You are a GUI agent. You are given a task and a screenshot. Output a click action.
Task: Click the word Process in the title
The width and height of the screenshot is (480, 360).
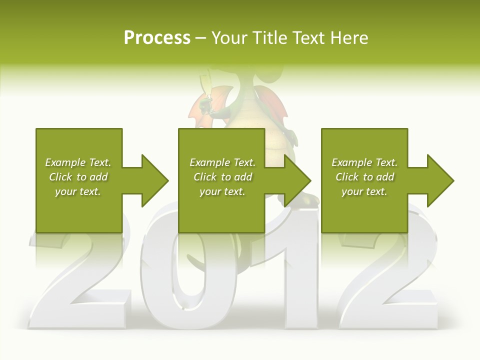click(157, 38)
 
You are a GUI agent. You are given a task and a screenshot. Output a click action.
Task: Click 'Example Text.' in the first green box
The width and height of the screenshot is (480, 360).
click(78, 162)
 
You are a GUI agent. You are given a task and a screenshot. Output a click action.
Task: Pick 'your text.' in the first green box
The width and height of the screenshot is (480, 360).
click(78, 191)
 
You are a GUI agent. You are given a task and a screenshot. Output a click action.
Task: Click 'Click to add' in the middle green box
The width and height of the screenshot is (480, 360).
click(222, 177)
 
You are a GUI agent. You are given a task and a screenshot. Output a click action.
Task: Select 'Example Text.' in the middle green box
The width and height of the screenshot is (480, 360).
click(222, 162)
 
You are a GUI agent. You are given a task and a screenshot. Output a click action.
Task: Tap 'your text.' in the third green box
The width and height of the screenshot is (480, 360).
click(364, 191)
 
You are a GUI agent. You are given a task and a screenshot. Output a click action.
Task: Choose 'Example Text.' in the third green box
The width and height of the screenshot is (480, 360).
click(364, 162)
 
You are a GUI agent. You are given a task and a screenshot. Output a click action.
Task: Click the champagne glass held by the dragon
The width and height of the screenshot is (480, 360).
click(204, 90)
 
